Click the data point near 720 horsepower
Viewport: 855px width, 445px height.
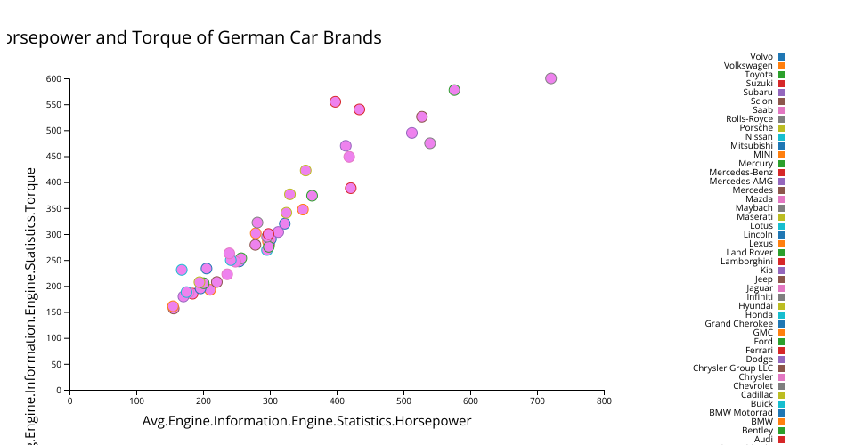pos(550,78)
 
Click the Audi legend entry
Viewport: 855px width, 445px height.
pos(763,440)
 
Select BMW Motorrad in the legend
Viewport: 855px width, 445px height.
pos(741,413)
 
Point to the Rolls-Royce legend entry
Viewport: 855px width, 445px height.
pos(749,119)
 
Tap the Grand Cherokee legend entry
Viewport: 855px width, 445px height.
pos(739,324)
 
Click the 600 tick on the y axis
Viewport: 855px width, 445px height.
pos(53,79)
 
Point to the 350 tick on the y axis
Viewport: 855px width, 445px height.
pos(53,209)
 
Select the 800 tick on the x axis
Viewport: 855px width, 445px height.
pos(604,400)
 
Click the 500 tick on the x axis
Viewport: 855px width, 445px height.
pos(403,400)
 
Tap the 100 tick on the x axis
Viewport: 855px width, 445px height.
pos(136,400)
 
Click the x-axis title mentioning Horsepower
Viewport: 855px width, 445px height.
pos(306,421)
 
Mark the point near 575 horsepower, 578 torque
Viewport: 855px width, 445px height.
pos(454,90)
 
